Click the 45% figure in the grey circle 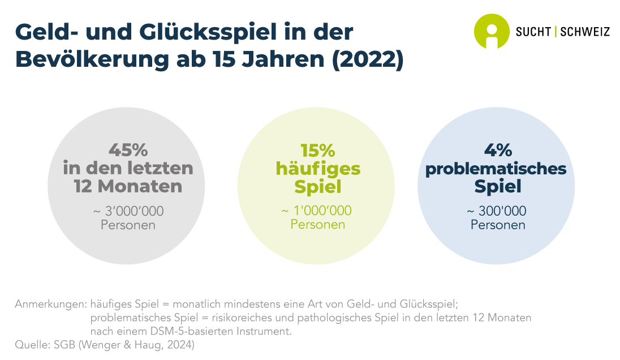click(x=128, y=151)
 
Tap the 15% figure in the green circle click(x=317, y=151)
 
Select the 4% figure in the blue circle click(x=498, y=150)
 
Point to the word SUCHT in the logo click(x=533, y=32)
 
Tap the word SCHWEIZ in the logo click(x=585, y=32)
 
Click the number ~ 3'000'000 click(x=128, y=211)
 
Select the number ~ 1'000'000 click(x=316, y=211)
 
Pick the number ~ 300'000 click(x=497, y=211)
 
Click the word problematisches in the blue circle click(x=496, y=169)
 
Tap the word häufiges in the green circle click(x=317, y=169)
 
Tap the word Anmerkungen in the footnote click(x=50, y=303)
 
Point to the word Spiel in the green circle click(x=317, y=186)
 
